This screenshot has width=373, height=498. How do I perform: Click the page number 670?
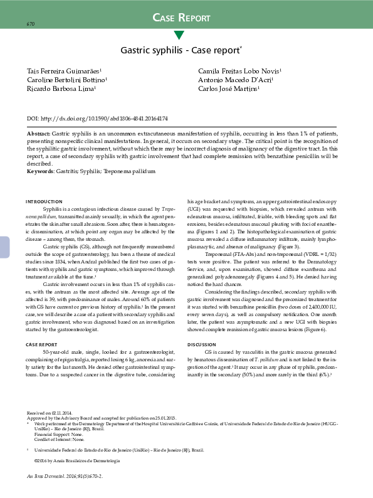30,24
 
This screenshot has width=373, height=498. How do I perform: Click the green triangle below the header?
179,35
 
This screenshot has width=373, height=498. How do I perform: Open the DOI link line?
97,119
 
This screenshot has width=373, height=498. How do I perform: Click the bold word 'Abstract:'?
39,135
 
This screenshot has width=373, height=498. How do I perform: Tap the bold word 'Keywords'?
40,171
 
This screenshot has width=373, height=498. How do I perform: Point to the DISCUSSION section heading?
202,345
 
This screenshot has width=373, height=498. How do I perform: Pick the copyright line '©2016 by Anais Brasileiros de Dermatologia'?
77,461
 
